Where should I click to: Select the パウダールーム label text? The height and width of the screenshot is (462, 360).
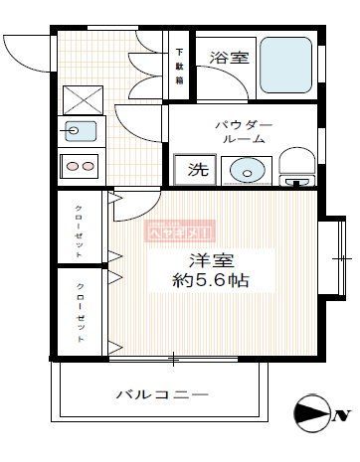pos(243,132)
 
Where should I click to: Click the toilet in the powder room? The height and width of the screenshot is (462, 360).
pos(295,169)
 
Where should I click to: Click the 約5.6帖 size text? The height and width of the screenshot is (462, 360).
pos(210,280)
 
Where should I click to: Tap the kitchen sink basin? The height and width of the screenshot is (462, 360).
pos(79,129)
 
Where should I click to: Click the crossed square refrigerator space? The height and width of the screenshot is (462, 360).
pos(80,100)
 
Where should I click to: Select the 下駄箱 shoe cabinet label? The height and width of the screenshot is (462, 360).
pos(180,66)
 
